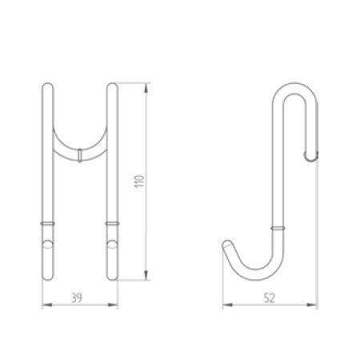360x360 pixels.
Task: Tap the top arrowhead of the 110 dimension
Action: tap(147, 84)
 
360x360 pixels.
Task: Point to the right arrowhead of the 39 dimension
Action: tap(116, 304)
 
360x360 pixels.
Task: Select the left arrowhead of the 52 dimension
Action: tap(225, 304)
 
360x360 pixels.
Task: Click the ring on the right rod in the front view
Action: tap(113, 221)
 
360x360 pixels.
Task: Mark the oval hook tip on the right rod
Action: tap(113, 246)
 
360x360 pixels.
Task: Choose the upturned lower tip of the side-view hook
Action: tap(227, 245)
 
